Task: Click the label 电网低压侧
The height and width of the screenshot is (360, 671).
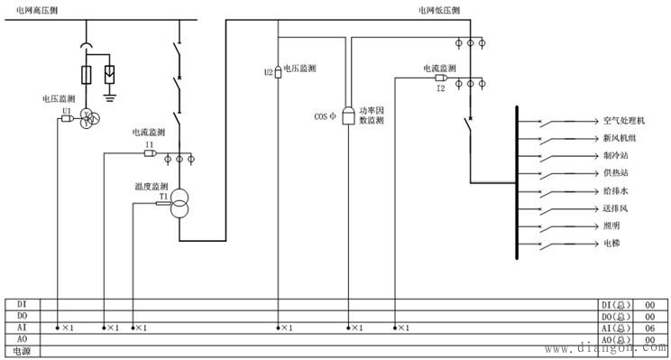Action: point(439,9)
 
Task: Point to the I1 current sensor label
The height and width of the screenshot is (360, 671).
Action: point(150,144)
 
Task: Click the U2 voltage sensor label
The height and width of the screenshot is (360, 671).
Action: point(269,72)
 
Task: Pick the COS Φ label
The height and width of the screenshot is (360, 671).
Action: point(324,116)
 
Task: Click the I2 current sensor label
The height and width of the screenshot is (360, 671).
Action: point(441,88)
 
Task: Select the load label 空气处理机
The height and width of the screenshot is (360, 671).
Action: point(624,120)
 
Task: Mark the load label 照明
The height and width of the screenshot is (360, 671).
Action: point(611,226)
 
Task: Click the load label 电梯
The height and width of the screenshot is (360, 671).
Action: point(611,244)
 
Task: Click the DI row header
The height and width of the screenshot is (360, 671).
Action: point(23,305)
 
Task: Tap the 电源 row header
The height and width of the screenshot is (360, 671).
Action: point(23,350)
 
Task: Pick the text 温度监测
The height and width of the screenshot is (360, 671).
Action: point(152,187)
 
